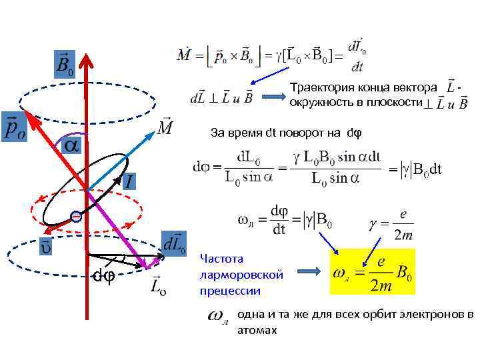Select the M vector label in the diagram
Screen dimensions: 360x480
point(167,126)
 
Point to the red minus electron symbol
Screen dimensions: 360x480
point(77,217)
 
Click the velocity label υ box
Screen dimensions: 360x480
point(46,245)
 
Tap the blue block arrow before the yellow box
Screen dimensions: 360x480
point(310,272)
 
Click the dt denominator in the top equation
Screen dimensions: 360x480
point(357,66)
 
